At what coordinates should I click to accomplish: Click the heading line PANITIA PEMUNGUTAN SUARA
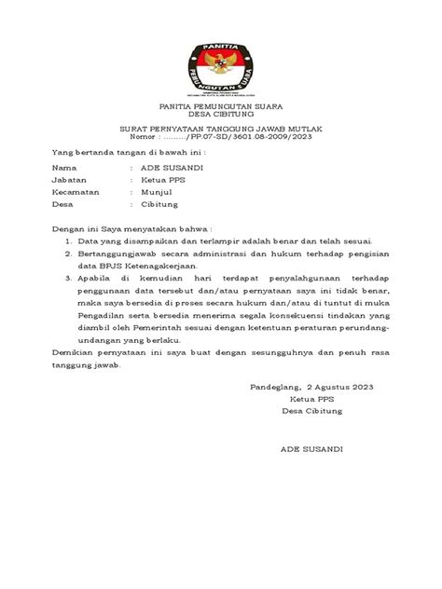(x=220, y=107)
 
